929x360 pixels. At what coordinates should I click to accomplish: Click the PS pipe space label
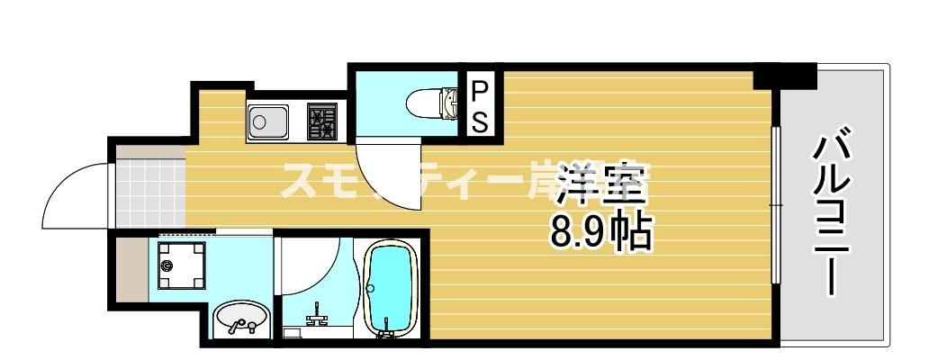point(480,105)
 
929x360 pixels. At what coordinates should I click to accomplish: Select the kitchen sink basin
point(267,121)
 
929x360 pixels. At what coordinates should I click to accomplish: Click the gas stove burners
point(321,121)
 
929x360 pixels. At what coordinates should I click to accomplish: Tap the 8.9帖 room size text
point(601,233)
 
